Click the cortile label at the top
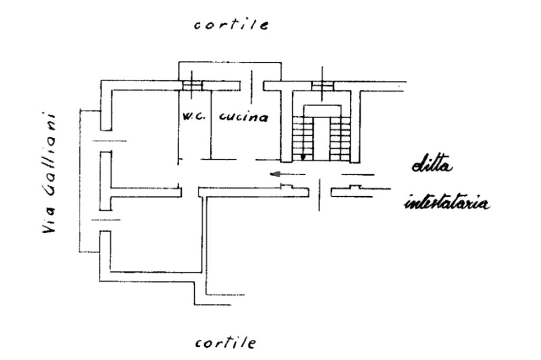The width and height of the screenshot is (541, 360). coord(231,25)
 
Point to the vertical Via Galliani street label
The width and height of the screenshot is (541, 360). coord(52,174)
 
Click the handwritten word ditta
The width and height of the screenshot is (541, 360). coord(433,166)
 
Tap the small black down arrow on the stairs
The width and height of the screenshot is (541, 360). coord(303,157)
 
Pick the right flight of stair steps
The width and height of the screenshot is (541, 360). coord(340,138)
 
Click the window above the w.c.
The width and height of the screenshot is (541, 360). coord(192,86)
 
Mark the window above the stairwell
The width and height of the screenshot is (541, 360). coord(322,86)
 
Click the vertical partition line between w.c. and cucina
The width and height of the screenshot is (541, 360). coord(211,124)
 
